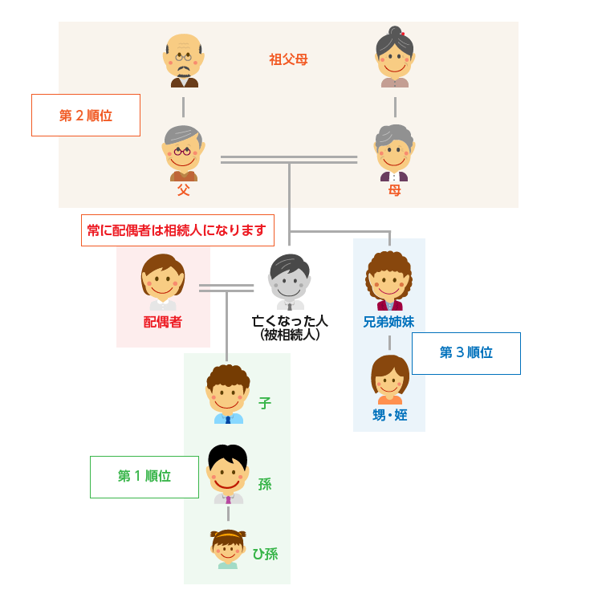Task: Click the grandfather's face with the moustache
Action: (184, 59)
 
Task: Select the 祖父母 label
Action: (288, 59)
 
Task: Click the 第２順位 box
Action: (86, 115)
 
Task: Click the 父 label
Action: (184, 190)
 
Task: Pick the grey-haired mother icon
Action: (394, 152)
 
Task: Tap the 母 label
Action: (394, 190)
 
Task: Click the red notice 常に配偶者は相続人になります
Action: (177, 230)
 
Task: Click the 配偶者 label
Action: (163, 322)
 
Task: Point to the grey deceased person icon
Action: (290, 281)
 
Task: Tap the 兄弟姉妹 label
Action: (388, 322)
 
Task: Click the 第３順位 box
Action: (466, 353)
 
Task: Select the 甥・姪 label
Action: (389, 415)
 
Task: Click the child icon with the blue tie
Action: (228, 394)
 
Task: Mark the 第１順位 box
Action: (144, 477)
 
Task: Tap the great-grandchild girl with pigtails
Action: (228, 549)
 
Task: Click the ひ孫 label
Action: (265, 554)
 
